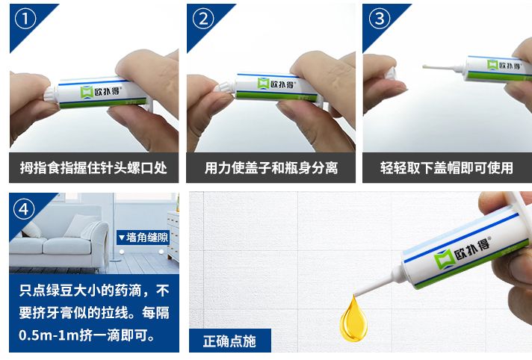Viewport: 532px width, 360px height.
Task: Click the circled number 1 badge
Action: pos(25,19)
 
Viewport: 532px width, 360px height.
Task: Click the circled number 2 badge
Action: pos(203,19)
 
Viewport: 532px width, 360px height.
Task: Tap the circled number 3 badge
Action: pos(380,19)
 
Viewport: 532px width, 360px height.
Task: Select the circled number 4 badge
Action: pos(24,209)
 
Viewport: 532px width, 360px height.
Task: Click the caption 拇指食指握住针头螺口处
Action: pos(93,167)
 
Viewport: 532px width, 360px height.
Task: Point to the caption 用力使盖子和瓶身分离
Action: pos(270,167)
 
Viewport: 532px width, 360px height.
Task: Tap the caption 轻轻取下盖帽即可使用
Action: pos(447,167)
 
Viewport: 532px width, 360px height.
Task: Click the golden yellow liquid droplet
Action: pos(353,319)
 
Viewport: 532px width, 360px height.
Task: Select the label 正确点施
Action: pos(229,341)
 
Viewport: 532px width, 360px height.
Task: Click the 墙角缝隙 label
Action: pos(143,238)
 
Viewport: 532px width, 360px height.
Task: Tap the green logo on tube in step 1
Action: pos(87,93)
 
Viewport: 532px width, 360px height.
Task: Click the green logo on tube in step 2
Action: pos(263,84)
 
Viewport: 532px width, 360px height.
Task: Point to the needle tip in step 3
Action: pos(424,66)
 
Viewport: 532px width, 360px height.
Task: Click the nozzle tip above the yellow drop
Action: pos(355,294)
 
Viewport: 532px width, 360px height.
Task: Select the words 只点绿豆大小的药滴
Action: pos(80,291)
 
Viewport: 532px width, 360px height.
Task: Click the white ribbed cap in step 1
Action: pos(51,95)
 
